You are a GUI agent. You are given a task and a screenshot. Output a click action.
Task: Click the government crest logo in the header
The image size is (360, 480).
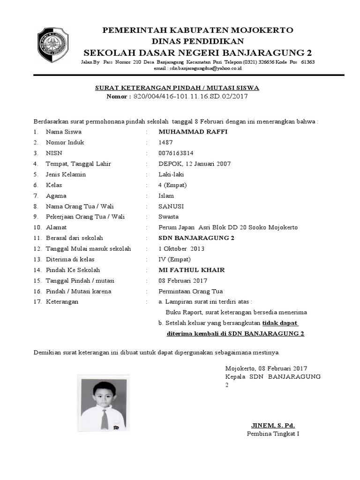pyautogui.click(x=53, y=46)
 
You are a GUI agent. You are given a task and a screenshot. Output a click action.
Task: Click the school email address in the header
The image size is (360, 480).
pyautogui.click(x=197, y=68)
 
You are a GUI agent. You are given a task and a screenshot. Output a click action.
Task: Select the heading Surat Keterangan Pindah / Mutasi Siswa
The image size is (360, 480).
pyautogui.click(x=177, y=88)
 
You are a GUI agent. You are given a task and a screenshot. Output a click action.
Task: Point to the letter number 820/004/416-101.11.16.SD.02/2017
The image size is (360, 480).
pyautogui.click(x=190, y=97)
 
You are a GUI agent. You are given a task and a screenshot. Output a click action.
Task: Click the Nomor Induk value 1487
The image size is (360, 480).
pyautogui.click(x=165, y=142)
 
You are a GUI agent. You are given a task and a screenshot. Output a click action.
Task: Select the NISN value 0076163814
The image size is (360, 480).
pyautogui.click(x=176, y=153)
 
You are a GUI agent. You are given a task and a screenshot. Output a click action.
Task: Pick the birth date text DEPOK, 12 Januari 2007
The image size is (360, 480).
pyautogui.click(x=195, y=164)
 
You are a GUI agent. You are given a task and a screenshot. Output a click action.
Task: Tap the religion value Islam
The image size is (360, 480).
pyautogui.click(x=166, y=196)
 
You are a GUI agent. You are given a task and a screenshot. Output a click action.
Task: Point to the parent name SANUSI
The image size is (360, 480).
pyautogui.click(x=171, y=206)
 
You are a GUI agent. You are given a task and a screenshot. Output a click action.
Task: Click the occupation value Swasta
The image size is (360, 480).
pyautogui.click(x=168, y=217)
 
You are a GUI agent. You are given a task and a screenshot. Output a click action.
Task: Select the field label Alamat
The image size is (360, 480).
pyautogui.click(x=56, y=227)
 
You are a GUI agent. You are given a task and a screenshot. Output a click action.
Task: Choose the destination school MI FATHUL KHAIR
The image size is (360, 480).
pyautogui.click(x=192, y=270)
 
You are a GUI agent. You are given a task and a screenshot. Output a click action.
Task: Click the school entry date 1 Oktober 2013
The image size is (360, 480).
pyautogui.click(x=181, y=249)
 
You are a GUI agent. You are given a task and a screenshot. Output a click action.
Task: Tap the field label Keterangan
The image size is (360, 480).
pyautogui.click(x=62, y=302)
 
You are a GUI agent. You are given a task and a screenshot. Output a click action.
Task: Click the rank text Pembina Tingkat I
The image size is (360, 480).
pyautogui.click(x=273, y=434)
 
